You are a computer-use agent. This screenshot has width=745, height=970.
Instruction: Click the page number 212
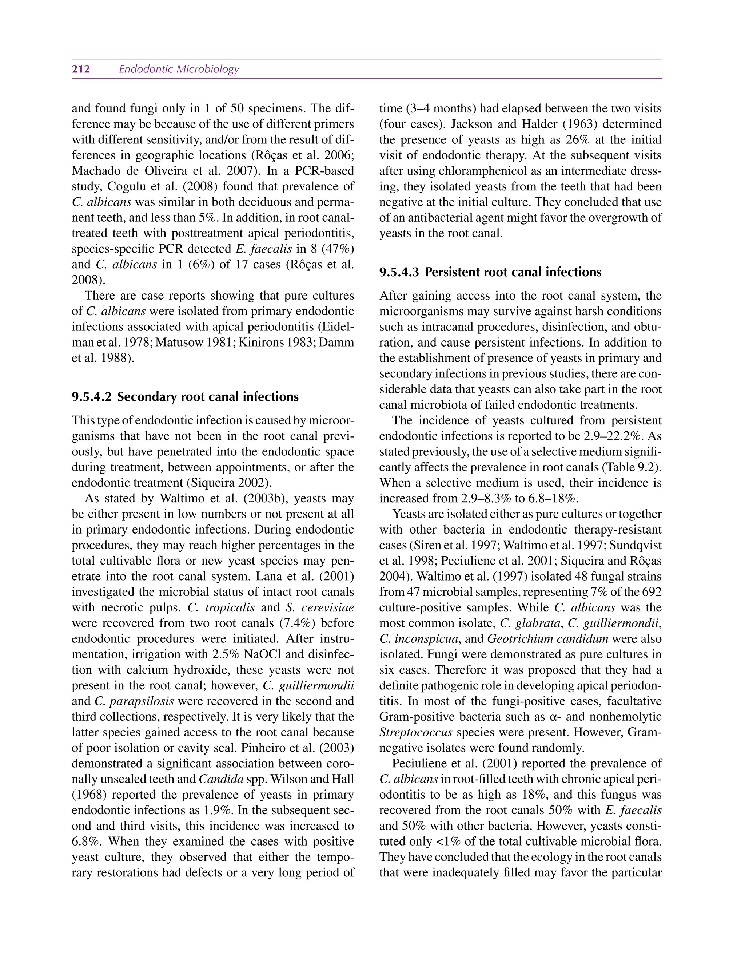81,69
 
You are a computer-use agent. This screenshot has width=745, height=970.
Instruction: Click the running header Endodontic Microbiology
179,69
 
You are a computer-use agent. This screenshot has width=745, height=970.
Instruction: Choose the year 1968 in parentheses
85,794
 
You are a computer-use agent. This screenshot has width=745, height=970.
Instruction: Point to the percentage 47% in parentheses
338,249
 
